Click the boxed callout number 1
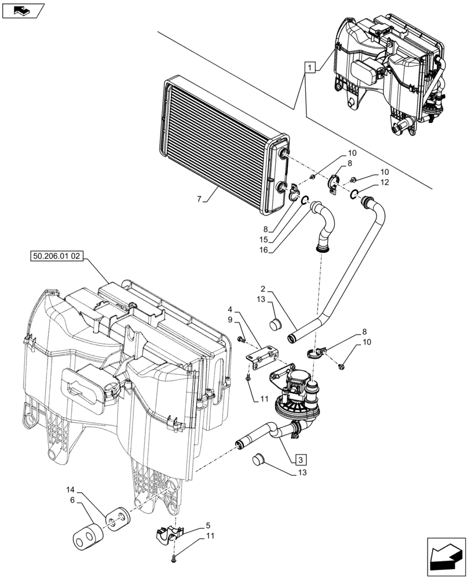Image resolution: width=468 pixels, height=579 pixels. [x=310, y=68]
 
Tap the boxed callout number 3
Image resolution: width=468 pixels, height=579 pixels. [x=299, y=460]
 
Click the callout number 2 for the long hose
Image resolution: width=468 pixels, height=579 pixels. [x=263, y=288]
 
